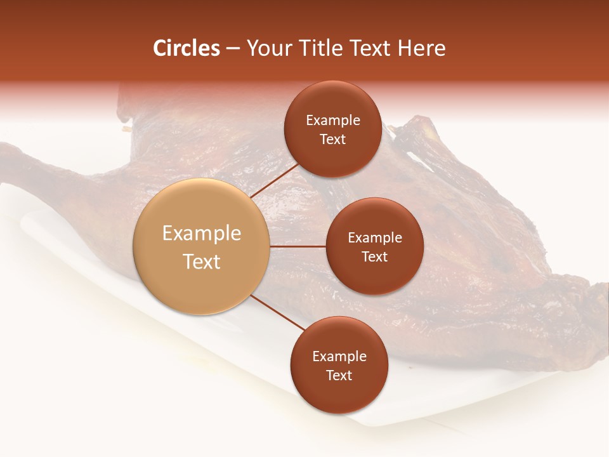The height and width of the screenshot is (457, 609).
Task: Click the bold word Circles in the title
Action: [x=186, y=48]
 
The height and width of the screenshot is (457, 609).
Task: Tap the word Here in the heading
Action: [x=422, y=48]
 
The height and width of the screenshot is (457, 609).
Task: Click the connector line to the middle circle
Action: [x=298, y=246]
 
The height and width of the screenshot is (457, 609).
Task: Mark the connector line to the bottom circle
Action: [x=277, y=313]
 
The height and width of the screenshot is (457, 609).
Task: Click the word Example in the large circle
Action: [x=202, y=234]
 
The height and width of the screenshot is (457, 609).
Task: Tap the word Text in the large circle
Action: [x=202, y=262]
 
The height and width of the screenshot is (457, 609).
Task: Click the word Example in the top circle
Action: [x=333, y=121]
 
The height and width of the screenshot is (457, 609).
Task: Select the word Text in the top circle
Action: [x=332, y=140]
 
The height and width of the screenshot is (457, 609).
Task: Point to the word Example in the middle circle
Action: [x=375, y=238]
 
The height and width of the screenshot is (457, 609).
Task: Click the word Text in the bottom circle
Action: [x=339, y=375]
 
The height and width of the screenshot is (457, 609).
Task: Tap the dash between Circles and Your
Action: [x=233, y=48]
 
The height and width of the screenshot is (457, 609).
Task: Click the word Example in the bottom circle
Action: [x=339, y=357]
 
